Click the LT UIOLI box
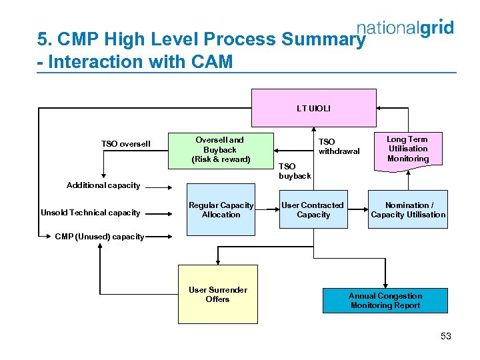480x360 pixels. (x=313, y=107)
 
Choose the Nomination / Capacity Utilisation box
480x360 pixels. (x=408, y=210)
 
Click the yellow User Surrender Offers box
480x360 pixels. (x=217, y=295)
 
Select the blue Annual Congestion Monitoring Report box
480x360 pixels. (x=385, y=301)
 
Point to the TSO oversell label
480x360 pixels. (x=126, y=144)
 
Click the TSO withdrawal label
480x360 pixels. (x=339, y=146)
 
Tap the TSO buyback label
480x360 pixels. (x=294, y=171)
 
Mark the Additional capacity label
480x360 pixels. (x=103, y=185)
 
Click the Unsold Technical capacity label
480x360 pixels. (x=90, y=213)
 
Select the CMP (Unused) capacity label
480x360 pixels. (x=99, y=237)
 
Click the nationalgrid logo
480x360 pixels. (x=405, y=28)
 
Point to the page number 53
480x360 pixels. (x=446, y=336)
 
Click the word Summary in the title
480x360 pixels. (x=324, y=40)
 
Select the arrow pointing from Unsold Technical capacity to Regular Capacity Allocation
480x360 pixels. (x=163, y=213)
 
